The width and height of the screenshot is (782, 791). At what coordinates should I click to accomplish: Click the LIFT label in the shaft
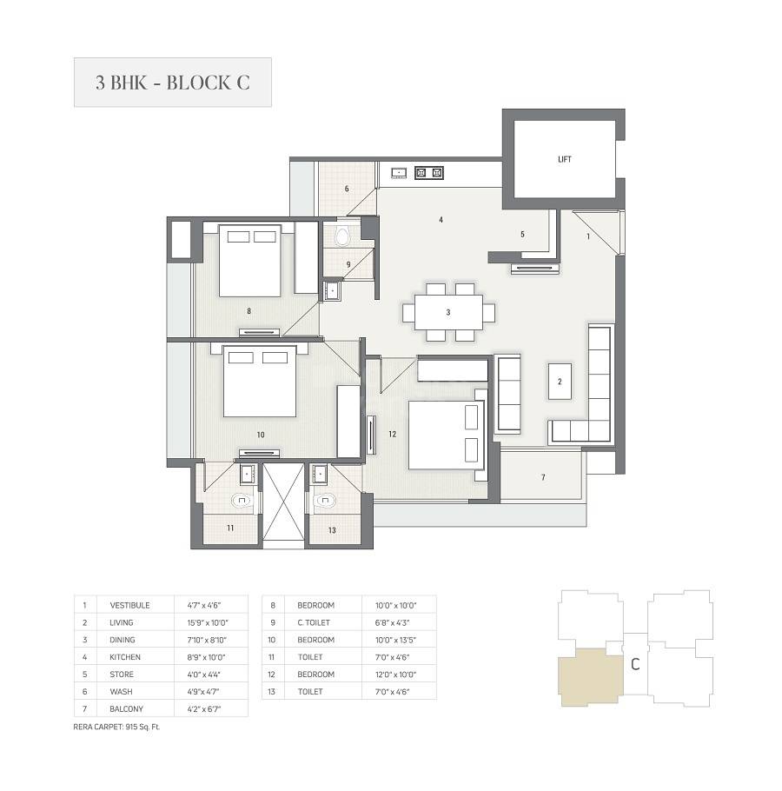click(x=565, y=159)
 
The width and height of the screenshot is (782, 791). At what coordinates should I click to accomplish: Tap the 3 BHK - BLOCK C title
click(x=172, y=83)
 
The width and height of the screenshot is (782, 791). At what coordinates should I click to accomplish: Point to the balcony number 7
click(x=543, y=478)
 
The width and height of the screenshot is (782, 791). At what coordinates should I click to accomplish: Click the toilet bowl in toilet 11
click(x=241, y=501)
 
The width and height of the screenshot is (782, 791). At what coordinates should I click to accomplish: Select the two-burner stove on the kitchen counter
click(x=429, y=173)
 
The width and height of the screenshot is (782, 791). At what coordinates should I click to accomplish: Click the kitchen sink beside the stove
click(x=399, y=173)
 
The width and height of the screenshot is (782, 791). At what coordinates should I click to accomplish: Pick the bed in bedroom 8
click(x=250, y=260)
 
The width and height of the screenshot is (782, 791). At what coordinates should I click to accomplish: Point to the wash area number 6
click(x=346, y=189)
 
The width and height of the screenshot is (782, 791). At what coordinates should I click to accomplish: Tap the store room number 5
click(x=522, y=234)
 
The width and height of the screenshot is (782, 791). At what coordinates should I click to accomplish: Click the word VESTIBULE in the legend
click(x=130, y=605)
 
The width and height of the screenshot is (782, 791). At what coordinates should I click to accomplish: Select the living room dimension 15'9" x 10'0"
click(x=206, y=622)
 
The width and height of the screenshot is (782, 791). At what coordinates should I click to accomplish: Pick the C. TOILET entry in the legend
click(x=314, y=622)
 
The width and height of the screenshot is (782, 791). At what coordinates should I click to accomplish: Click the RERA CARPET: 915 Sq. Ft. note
click(x=116, y=727)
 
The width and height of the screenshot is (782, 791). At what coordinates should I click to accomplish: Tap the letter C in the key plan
click(x=635, y=665)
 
